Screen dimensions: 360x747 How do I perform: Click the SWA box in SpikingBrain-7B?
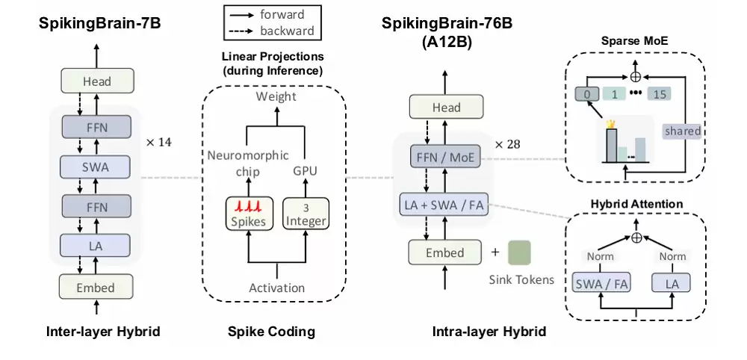[96, 167]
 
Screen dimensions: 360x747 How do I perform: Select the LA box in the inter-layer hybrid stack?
[96, 244]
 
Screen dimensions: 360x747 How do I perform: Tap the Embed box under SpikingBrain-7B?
[96, 287]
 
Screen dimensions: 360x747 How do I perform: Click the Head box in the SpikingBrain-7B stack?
[96, 81]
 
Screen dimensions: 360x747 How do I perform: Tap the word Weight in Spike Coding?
[276, 96]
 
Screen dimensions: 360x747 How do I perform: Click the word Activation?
[276, 288]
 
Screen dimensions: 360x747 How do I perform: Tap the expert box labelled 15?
[659, 95]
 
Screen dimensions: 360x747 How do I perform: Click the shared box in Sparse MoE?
[682, 131]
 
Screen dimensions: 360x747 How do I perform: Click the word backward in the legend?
[287, 31]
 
